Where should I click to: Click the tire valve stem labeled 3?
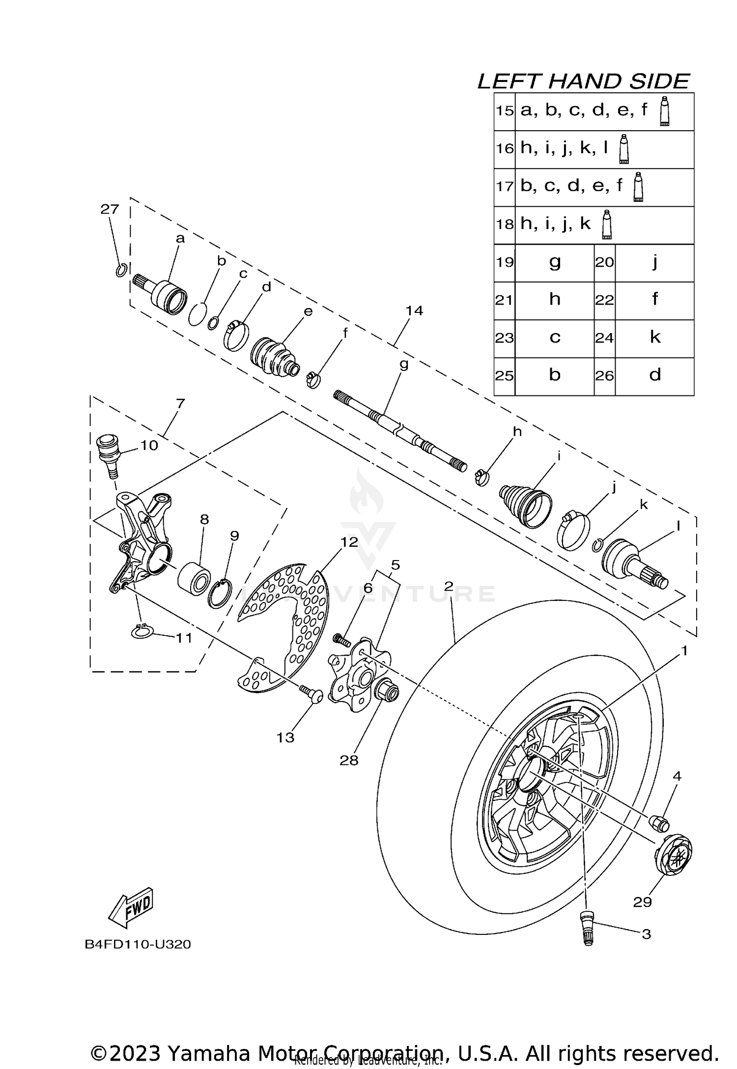[587, 927]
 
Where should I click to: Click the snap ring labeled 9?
[220, 593]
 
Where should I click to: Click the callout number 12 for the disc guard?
[349, 542]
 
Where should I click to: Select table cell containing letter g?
[554, 262]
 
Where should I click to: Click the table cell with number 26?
[604, 376]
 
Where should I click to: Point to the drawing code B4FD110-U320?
[138, 944]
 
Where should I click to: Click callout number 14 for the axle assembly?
[414, 310]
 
